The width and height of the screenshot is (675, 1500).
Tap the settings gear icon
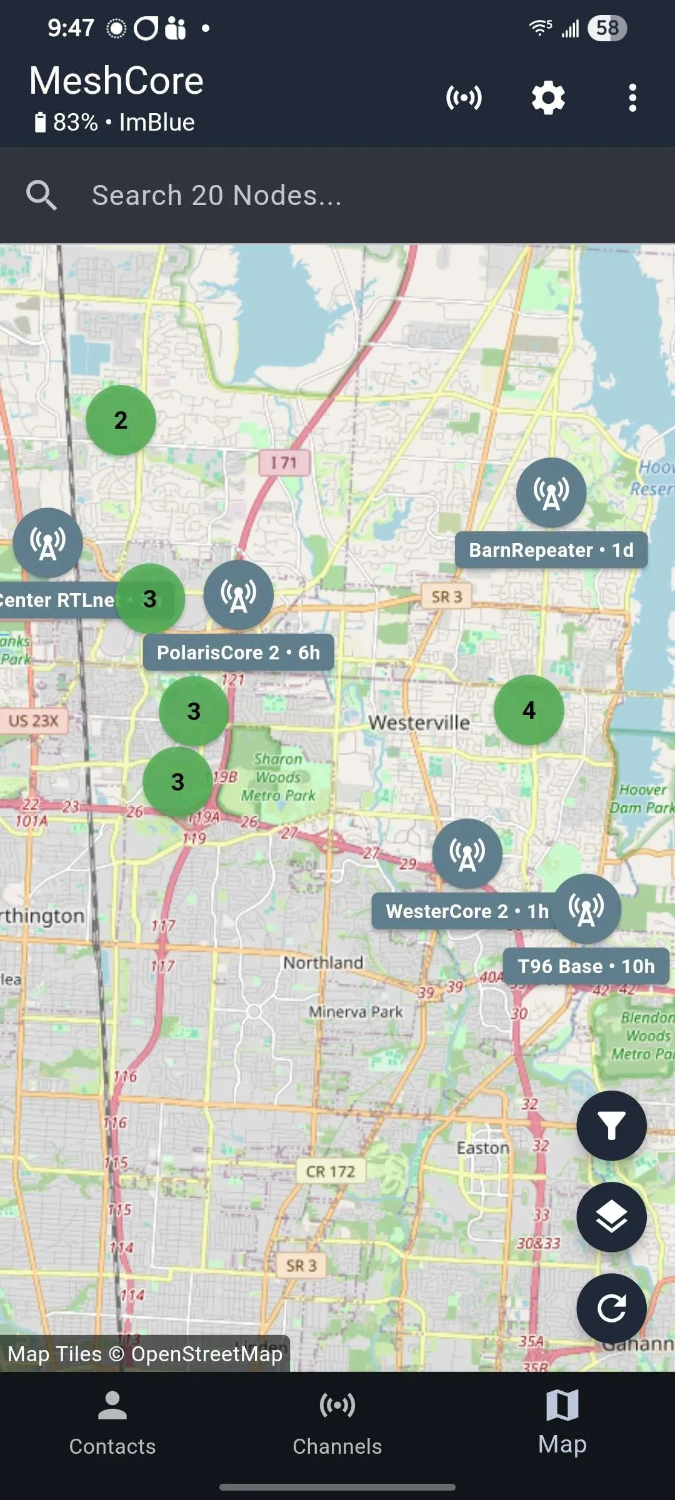click(548, 98)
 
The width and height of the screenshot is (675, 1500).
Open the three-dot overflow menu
click(632, 98)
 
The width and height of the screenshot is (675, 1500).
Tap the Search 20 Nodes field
click(337, 196)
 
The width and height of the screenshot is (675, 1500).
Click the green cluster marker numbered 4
click(529, 710)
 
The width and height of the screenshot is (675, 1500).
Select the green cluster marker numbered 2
click(121, 420)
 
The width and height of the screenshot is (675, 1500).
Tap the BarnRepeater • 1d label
click(551, 550)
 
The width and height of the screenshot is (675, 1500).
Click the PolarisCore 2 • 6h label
click(238, 652)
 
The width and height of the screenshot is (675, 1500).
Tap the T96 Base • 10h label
click(586, 966)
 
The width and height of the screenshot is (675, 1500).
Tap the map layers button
click(611, 1217)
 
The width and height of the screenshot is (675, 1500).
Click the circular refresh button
click(611, 1308)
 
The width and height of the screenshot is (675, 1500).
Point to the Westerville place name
click(419, 722)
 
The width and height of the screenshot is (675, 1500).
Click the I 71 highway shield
click(284, 462)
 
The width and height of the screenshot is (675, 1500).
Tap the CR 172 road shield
click(330, 1171)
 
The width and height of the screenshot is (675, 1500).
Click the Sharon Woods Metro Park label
click(278, 777)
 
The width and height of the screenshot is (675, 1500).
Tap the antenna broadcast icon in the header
click(464, 98)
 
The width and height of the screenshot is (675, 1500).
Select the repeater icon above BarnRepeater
click(551, 492)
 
